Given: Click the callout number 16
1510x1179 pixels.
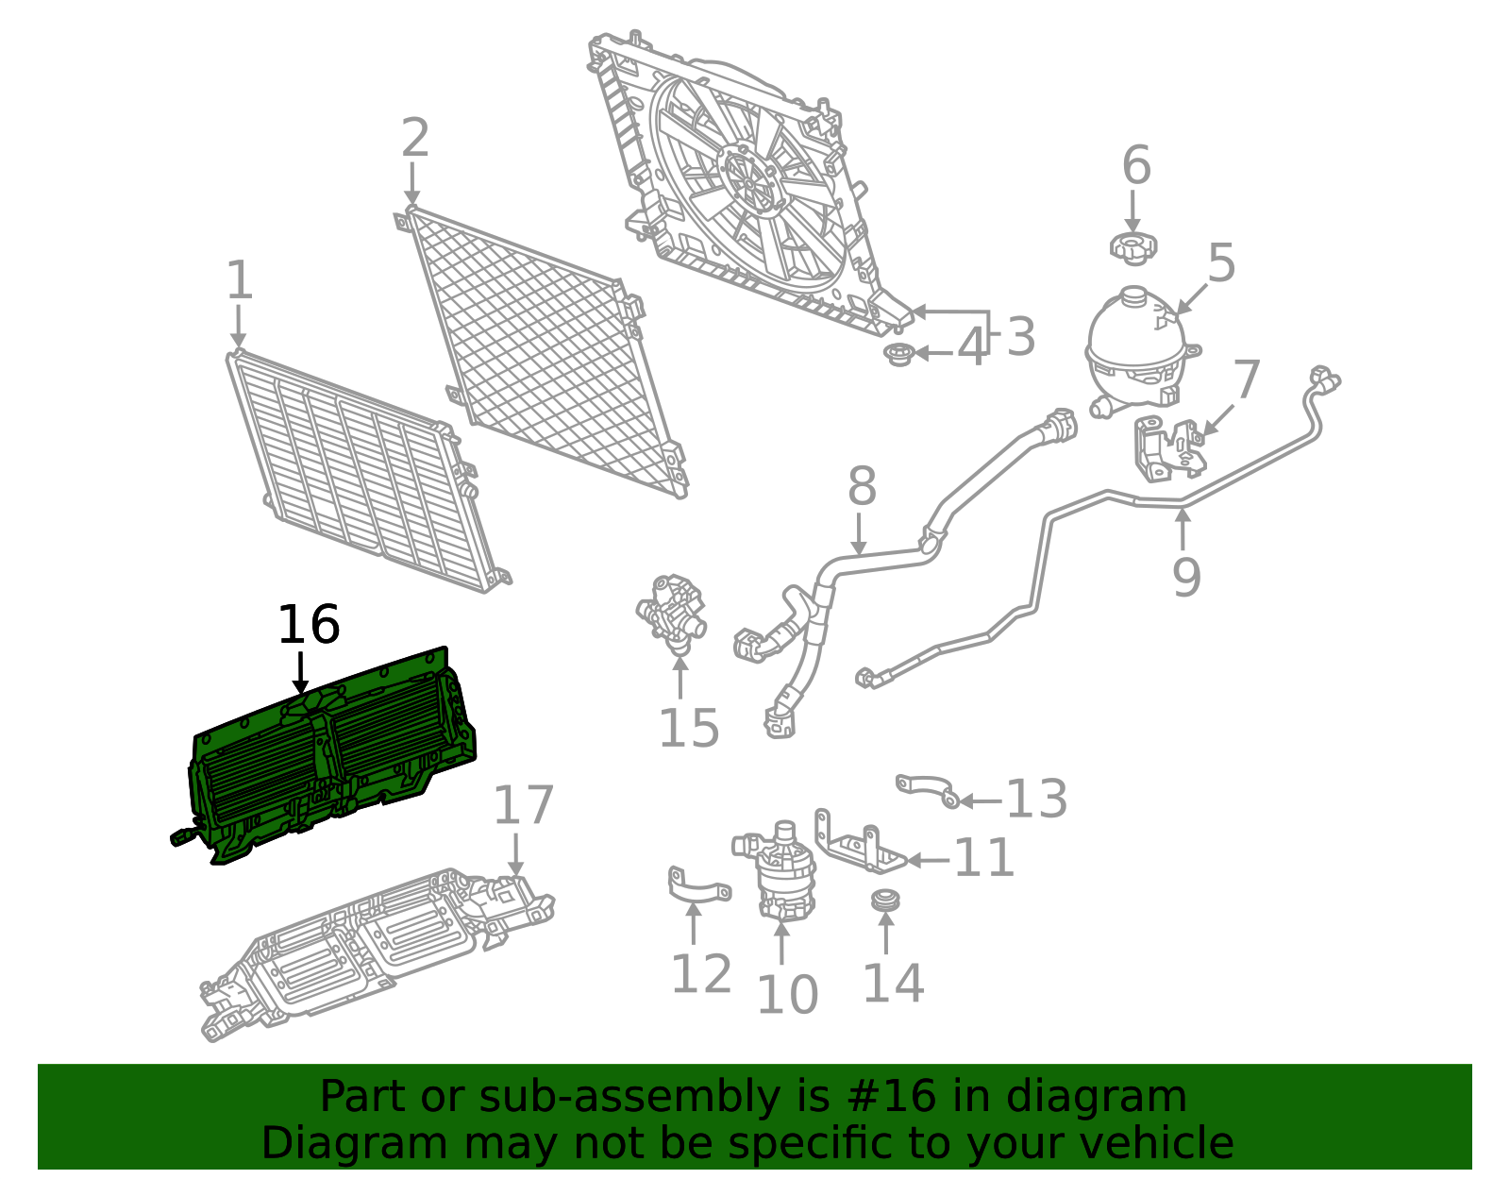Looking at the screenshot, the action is tap(309, 624).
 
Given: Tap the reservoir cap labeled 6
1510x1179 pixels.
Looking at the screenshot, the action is tap(1132, 248).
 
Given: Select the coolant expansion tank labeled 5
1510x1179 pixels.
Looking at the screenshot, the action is tap(1141, 351).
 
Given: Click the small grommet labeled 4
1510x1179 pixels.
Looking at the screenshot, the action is tap(898, 354).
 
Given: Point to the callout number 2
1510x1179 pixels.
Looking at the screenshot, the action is tap(415, 138).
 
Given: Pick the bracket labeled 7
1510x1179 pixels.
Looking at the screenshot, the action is tap(1168, 448).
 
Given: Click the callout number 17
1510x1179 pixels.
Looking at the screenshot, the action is tap(523, 806).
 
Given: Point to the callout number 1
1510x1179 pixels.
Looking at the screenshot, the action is tap(240, 280).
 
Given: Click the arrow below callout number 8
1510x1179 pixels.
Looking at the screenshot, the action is tap(859, 534).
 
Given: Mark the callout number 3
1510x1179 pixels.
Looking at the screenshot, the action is tap(1021, 337).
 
